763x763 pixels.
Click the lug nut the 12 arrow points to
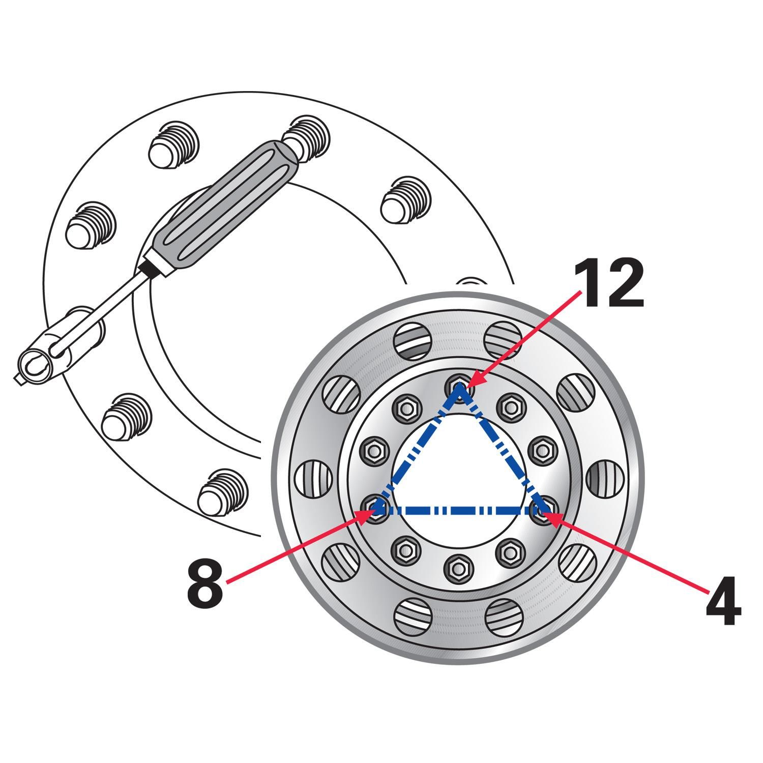[x=458, y=388]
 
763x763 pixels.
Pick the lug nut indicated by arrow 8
[x=376, y=507]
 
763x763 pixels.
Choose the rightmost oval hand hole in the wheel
[x=604, y=478]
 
